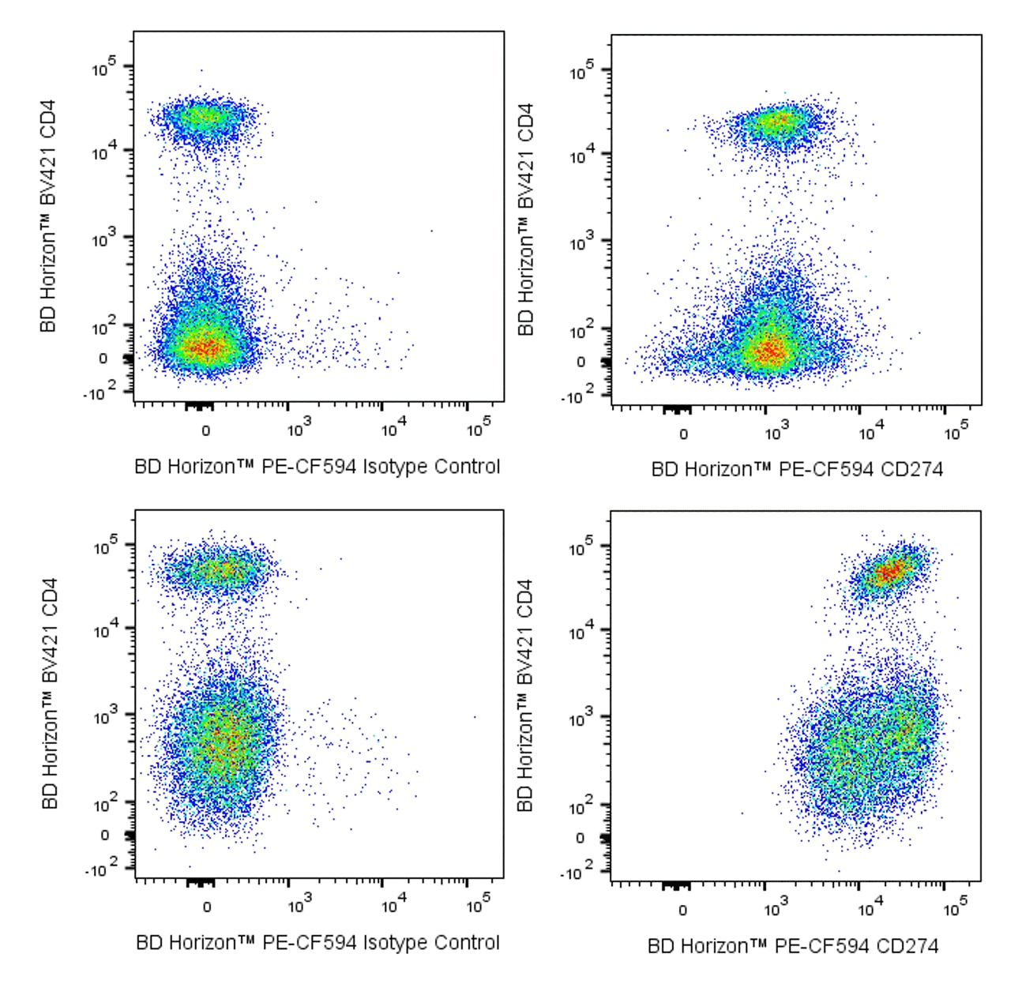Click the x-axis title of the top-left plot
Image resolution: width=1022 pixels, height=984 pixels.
coord(317,467)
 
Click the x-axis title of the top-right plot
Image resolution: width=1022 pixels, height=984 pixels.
coord(796,470)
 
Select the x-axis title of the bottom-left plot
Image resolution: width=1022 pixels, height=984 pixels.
coord(317,942)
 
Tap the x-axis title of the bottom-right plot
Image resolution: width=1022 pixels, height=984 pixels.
coord(793,945)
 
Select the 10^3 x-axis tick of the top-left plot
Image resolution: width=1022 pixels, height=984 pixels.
coord(299,430)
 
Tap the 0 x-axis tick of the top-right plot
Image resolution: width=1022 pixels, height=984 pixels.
coord(683,434)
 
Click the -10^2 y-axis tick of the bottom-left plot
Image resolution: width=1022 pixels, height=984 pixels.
coord(100,870)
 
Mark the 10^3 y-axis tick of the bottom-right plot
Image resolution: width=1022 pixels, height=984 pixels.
coord(581,718)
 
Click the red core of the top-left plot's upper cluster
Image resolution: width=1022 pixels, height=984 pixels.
coord(202,118)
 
